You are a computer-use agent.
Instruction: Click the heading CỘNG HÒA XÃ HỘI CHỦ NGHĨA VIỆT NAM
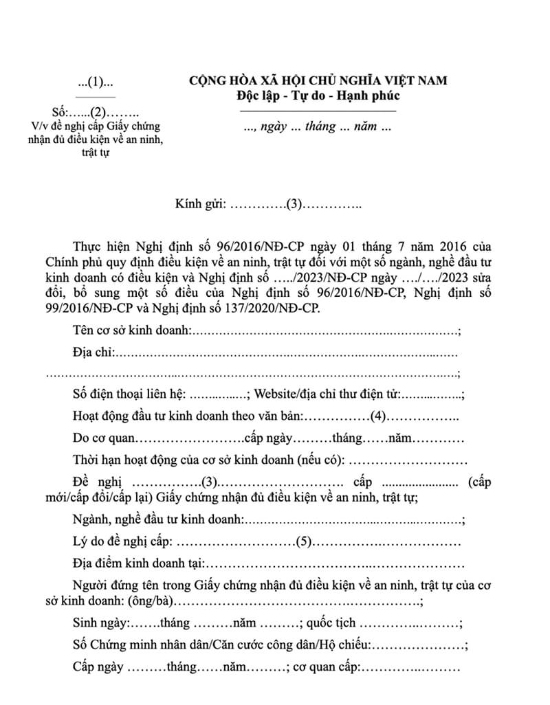coord(318,80)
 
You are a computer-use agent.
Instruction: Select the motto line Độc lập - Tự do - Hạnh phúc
coord(317,96)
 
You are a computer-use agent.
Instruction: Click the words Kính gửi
coord(201,204)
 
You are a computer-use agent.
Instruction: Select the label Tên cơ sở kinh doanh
coord(131,331)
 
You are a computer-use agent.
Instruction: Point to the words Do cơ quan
coord(103,438)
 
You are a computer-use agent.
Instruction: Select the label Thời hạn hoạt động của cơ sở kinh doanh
coord(209,459)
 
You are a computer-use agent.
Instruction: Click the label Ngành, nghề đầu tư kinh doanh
coord(157,520)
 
